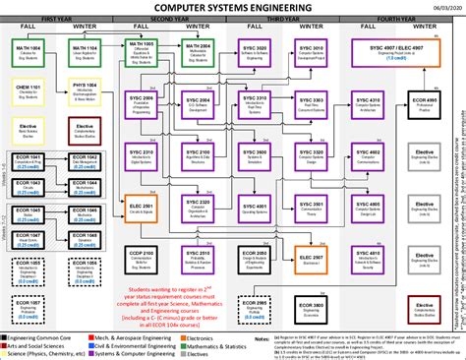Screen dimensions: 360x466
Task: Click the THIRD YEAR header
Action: [284, 19]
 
